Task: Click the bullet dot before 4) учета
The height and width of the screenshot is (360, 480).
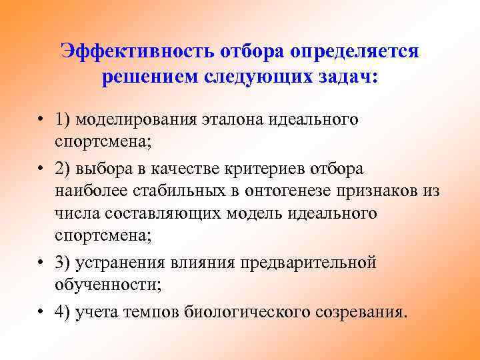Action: pos(41,311)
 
